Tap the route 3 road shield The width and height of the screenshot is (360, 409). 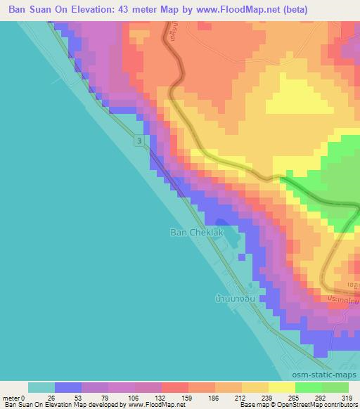pyautogui.click(x=141, y=142)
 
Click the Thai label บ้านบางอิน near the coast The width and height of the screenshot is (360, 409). pyautogui.click(x=236, y=298)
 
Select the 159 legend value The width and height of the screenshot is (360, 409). pyautogui.click(x=188, y=398)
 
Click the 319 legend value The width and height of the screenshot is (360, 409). pyautogui.click(x=348, y=398)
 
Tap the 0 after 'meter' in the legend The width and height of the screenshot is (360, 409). pyautogui.click(x=22, y=398)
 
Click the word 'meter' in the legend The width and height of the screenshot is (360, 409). pyautogui.click(x=11, y=398)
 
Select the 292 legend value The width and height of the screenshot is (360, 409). pyautogui.click(x=321, y=398)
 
